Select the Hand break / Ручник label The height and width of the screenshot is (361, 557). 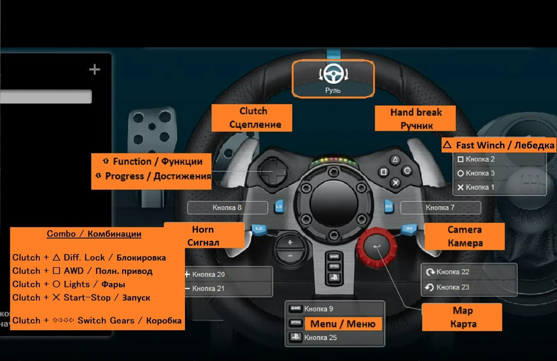(x=415, y=118)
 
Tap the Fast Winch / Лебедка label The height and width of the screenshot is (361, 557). (x=499, y=145)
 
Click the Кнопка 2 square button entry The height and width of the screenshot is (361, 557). (x=480, y=159)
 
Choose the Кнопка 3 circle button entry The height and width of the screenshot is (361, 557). (x=480, y=173)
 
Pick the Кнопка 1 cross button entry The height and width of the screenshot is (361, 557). (x=480, y=187)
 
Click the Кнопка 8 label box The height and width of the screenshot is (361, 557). (x=227, y=208)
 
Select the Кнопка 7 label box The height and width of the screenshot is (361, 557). (x=440, y=208)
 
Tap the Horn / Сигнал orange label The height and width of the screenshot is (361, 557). (x=204, y=236)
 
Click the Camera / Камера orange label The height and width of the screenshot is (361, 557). (x=464, y=236)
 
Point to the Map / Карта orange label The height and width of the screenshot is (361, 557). (x=462, y=317)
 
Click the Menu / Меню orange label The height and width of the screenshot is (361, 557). (x=343, y=324)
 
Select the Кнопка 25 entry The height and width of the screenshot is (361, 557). (x=320, y=337)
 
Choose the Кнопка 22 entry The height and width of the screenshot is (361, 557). (x=453, y=272)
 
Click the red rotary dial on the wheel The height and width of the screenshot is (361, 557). (x=377, y=247)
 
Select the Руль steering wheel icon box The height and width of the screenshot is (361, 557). (x=333, y=78)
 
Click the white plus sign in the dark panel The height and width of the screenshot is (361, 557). (x=94, y=69)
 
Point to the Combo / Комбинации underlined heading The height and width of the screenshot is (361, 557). (x=94, y=234)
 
